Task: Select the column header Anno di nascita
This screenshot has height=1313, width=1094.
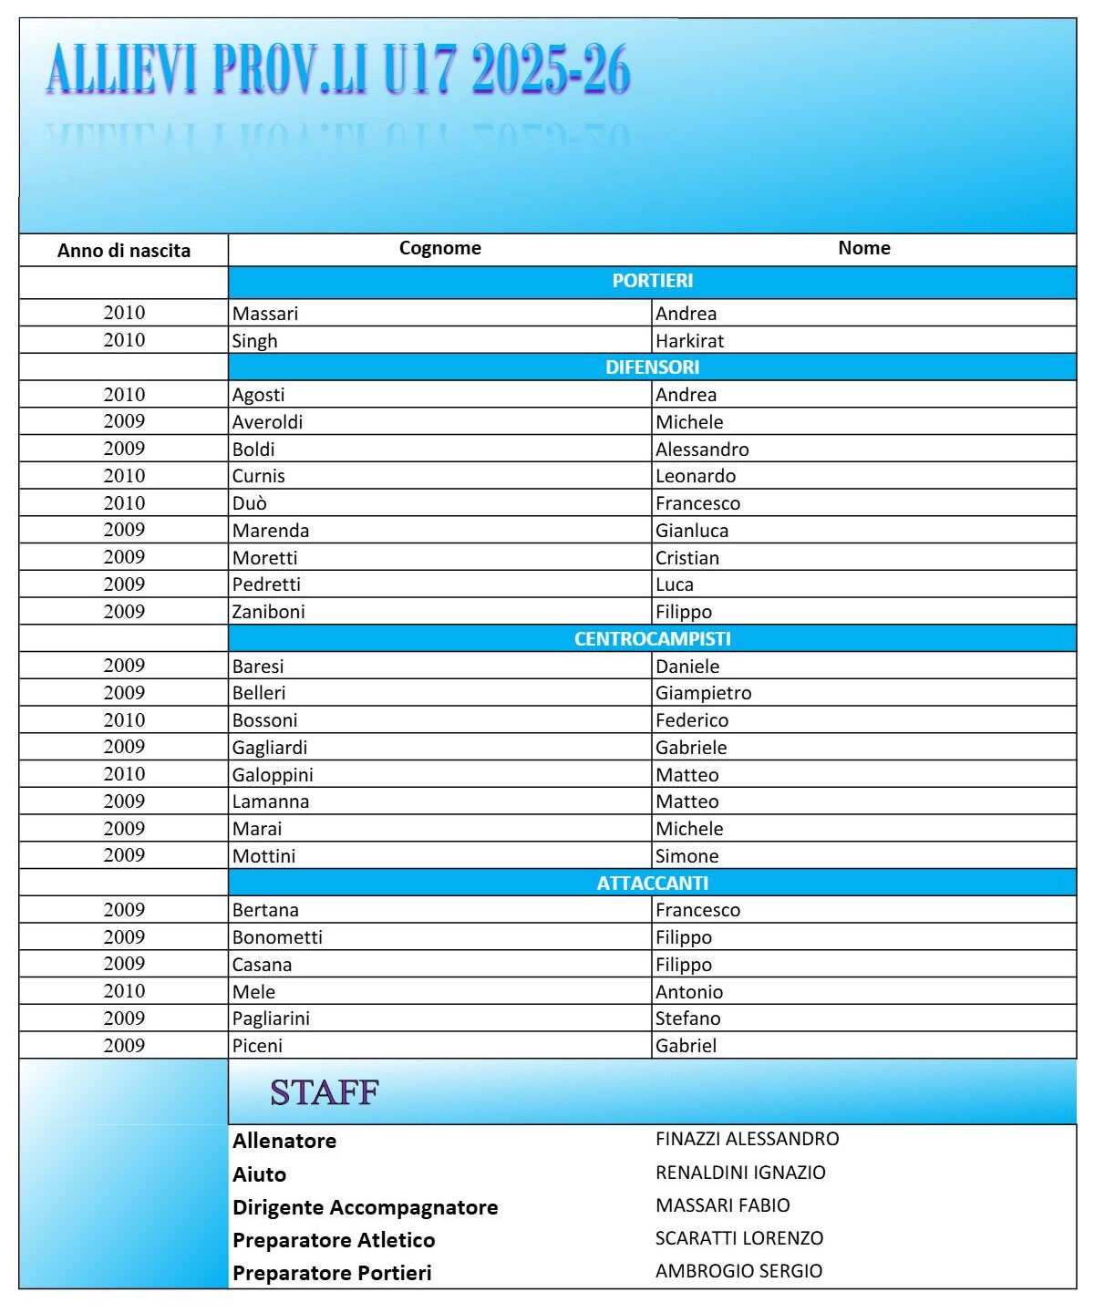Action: click(x=124, y=251)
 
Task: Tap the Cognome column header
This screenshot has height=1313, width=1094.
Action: click(x=439, y=248)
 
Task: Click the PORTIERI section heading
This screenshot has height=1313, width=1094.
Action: click(x=652, y=281)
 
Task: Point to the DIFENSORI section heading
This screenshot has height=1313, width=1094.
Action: click(x=652, y=367)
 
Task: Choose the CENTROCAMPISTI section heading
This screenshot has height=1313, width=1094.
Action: click(x=652, y=639)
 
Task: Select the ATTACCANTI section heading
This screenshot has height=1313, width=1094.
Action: click(x=652, y=884)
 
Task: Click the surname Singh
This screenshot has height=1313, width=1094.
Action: click(x=254, y=341)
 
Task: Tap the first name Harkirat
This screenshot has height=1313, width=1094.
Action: click(x=689, y=341)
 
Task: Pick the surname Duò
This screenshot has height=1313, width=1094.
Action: click(x=249, y=503)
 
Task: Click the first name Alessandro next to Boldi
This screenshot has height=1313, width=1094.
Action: click(x=702, y=450)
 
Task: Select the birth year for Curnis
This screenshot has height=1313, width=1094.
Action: click(x=124, y=476)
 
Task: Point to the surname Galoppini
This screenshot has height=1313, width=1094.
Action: click(x=273, y=775)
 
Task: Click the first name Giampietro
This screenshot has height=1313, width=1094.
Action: click(x=703, y=693)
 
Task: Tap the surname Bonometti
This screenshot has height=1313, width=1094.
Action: click(x=277, y=937)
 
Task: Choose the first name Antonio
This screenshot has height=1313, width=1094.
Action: click(x=688, y=992)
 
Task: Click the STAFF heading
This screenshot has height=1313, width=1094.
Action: click(x=325, y=1092)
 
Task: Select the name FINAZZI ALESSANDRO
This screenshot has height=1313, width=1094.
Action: click(x=747, y=1139)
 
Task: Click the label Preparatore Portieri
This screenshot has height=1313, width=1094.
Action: click(x=332, y=1273)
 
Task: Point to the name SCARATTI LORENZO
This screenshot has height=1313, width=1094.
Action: click(x=738, y=1238)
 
